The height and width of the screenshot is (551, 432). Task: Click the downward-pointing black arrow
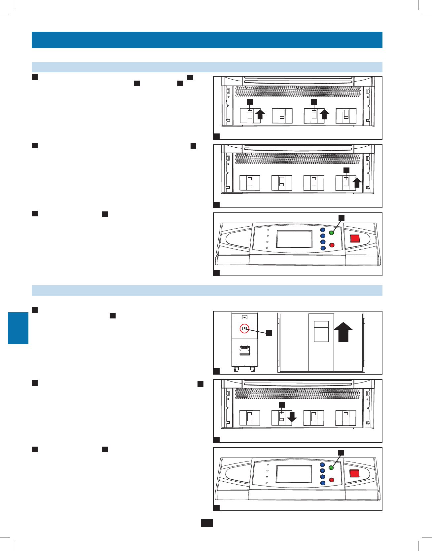pyautogui.click(x=292, y=417)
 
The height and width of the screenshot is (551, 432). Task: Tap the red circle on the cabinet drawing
pyautogui.click(x=244, y=329)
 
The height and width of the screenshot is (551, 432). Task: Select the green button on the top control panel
pyautogui.click(x=332, y=233)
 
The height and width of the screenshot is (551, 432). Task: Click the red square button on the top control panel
pyautogui.click(x=355, y=238)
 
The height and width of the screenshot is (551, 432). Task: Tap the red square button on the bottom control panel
pyautogui.click(x=354, y=473)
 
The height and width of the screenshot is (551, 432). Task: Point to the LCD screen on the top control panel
pyautogui.click(x=294, y=239)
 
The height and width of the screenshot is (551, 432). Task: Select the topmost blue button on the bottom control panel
pyautogui.click(x=323, y=465)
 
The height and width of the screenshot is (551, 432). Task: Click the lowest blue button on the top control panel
pyautogui.click(x=323, y=248)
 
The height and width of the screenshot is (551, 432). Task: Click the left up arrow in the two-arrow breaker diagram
pyautogui.click(x=260, y=115)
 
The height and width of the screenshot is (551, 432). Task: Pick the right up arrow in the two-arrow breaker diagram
pyautogui.click(x=324, y=115)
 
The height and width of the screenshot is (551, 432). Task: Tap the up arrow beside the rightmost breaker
pyautogui.click(x=357, y=183)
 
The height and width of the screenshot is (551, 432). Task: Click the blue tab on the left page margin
pyautogui.click(x=18, y=328)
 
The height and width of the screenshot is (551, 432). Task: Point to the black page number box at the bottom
pyautogui.click(x=207, y=523)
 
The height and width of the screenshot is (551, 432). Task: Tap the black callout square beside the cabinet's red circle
pyautogui.click(x=269, y=333)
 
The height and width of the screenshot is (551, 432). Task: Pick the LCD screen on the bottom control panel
pyautogui.click(x=294, y=474)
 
